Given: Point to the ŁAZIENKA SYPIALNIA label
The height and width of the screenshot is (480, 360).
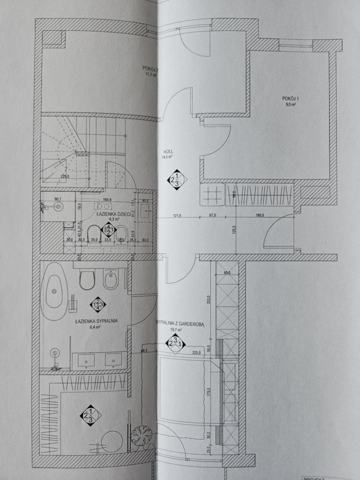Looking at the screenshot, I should pyautogui.click(x=96, y=321).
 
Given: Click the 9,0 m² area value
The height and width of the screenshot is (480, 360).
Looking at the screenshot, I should pyautogui.click(x=290, y=105).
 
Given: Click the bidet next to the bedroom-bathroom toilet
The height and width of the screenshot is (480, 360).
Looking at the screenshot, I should pyautogui.click(x=110, y=279).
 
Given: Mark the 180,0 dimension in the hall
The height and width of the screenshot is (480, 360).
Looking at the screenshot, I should pyautogui.click(x=259, y=216).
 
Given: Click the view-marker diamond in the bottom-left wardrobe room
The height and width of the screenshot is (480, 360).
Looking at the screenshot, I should pyautogui.click(x=90, y=414).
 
